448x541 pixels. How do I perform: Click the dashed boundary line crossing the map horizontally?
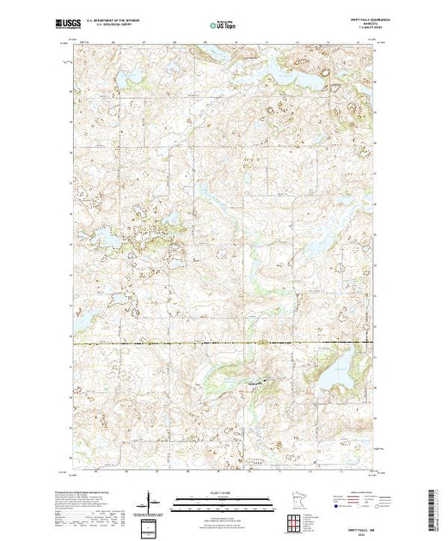click(x=172, y=343)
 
